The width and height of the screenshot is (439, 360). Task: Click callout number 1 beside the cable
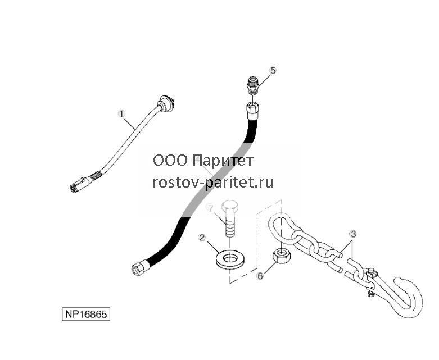click(x=122, y=114)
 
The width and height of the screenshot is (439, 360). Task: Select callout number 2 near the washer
click(x=201, y=238)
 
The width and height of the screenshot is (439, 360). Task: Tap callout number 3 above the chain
click(x=353, y=234)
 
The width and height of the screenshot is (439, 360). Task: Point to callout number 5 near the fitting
click(x=273, y=70)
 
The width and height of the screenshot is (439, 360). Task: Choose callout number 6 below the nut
click(x=260, y=276)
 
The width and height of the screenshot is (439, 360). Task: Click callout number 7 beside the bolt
click(x=210, y=208)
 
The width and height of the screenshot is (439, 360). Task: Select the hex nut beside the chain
click(x=282, y=256)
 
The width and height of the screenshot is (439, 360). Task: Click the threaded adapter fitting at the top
click(x=253, y=84)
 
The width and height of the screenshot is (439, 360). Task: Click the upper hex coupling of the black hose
click(x=252, y=110)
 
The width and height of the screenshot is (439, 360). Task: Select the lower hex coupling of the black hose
click(x=139, y=268)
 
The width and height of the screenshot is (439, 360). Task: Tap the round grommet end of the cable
click(x=166, y=103)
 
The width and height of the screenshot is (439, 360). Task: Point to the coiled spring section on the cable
click(x=94, y=176)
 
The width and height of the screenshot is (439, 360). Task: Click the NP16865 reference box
click(x=86, y=314)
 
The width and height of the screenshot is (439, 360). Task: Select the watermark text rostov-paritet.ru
click(x=213, y=183)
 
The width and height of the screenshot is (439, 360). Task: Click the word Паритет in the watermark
click(x=223, y=161)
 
